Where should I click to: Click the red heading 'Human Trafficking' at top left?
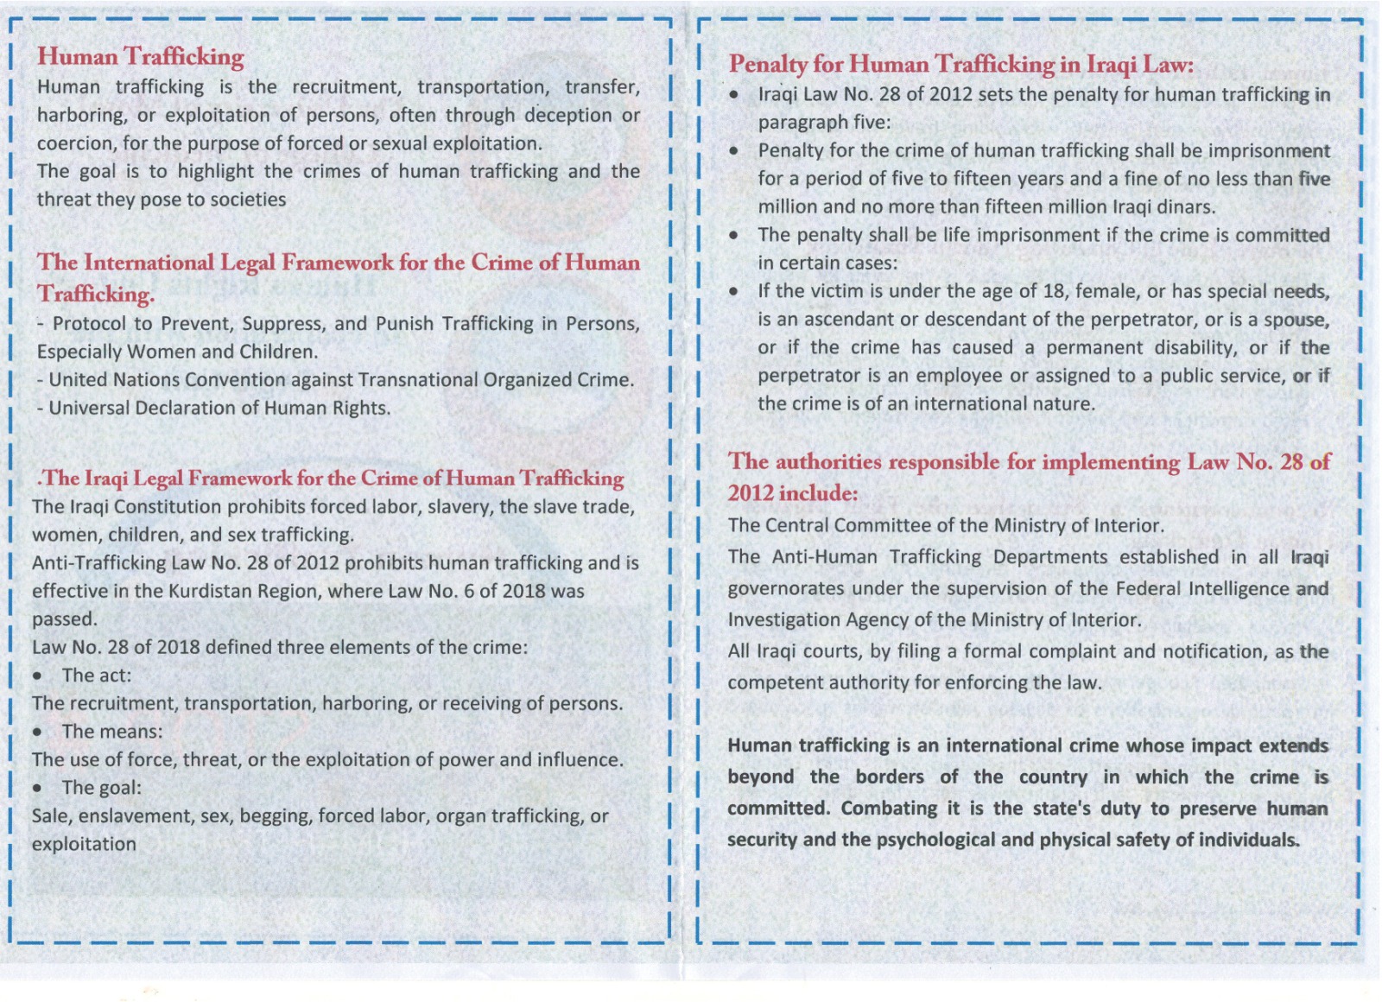[140, 56]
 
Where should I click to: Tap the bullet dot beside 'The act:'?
[38, 675]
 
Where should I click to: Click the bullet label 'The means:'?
[111, 732]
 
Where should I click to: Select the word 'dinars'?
[1188, 207]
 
